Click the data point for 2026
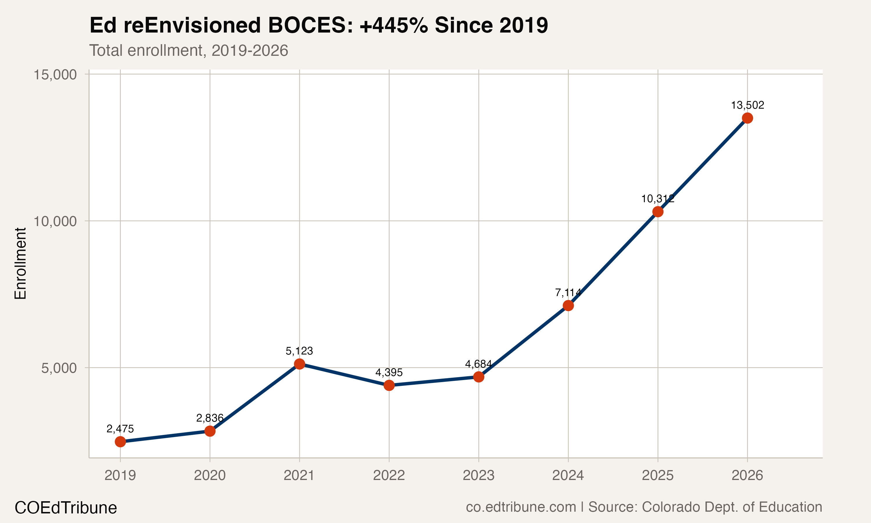[x=747, y=118]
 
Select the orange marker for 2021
[x=299, y=364]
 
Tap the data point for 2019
[x=120, y=442]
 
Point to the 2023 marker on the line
[x=478, y=377]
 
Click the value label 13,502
[x=747, y=105]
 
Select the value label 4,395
[x=389, y=372]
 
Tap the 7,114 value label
[x=568, y=293]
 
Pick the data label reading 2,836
[x=210, y=418]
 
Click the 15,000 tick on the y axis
[x=55, y=75]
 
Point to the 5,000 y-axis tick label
[x=59, y=368]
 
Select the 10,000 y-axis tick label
[x=55, y=221]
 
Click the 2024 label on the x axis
[x=568, y=475]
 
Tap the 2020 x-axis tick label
[x=210, y=475]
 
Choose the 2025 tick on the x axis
[x=658, y=475]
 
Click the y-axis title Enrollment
[x=20, y=263]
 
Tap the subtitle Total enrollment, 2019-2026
[x=189, y=50]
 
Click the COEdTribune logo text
[x=66, y=508]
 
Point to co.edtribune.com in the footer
[x=521, y=507]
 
